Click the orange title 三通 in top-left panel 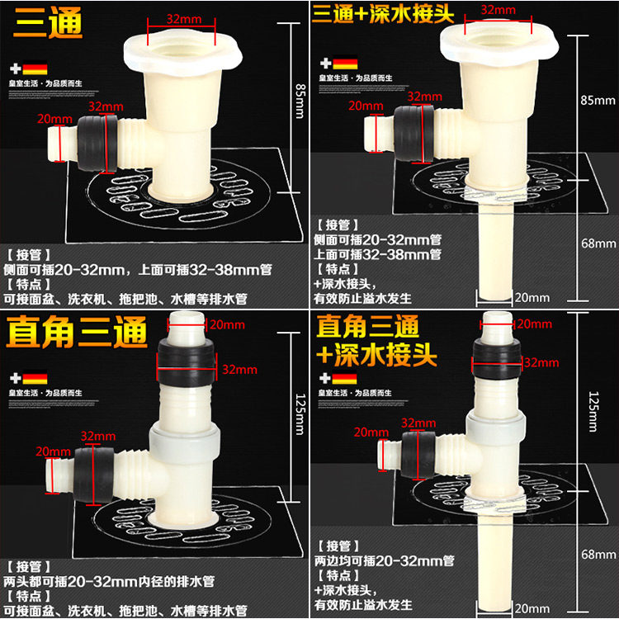(49, 22)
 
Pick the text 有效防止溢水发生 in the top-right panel (362, 298)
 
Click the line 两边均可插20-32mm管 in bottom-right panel (384, 560)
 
